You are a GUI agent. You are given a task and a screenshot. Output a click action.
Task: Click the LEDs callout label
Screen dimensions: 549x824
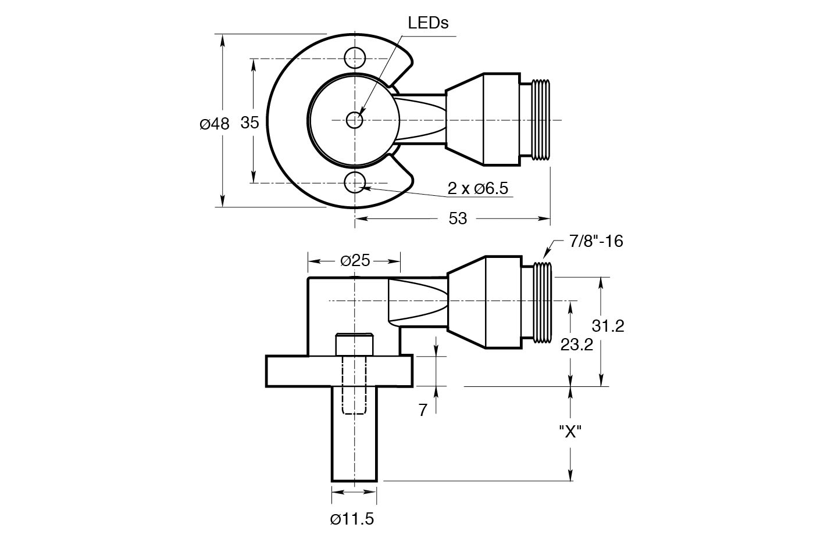428,23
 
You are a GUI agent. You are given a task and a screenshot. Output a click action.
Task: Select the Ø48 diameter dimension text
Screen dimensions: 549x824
214,123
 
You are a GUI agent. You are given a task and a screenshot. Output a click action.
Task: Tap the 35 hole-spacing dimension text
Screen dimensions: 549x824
249,123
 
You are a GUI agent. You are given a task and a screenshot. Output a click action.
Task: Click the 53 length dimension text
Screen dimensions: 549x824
458,218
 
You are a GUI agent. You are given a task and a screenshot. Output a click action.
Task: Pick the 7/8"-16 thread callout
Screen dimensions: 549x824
596,241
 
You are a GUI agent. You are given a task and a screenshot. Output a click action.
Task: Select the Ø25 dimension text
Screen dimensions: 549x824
355,260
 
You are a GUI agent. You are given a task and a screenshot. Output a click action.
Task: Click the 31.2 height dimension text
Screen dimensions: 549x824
608,326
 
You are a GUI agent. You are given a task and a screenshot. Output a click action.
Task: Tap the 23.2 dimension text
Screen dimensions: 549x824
576,345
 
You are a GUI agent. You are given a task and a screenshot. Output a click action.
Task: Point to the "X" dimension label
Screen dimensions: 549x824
570,431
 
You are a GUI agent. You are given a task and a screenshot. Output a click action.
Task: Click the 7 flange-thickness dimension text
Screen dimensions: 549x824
423,410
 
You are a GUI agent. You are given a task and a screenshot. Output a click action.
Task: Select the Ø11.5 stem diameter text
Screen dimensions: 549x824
352,519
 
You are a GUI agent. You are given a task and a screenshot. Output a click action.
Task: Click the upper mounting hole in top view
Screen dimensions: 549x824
355,58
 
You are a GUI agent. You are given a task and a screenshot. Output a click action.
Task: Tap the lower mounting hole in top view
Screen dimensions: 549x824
355,182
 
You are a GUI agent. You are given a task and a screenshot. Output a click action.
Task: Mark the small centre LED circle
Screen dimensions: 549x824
355,120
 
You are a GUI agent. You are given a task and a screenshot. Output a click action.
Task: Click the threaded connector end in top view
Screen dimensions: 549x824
541,120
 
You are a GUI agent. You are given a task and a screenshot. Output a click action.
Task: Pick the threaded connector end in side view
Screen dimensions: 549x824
541,302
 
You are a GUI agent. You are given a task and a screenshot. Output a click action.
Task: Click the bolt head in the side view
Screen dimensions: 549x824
354,344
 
